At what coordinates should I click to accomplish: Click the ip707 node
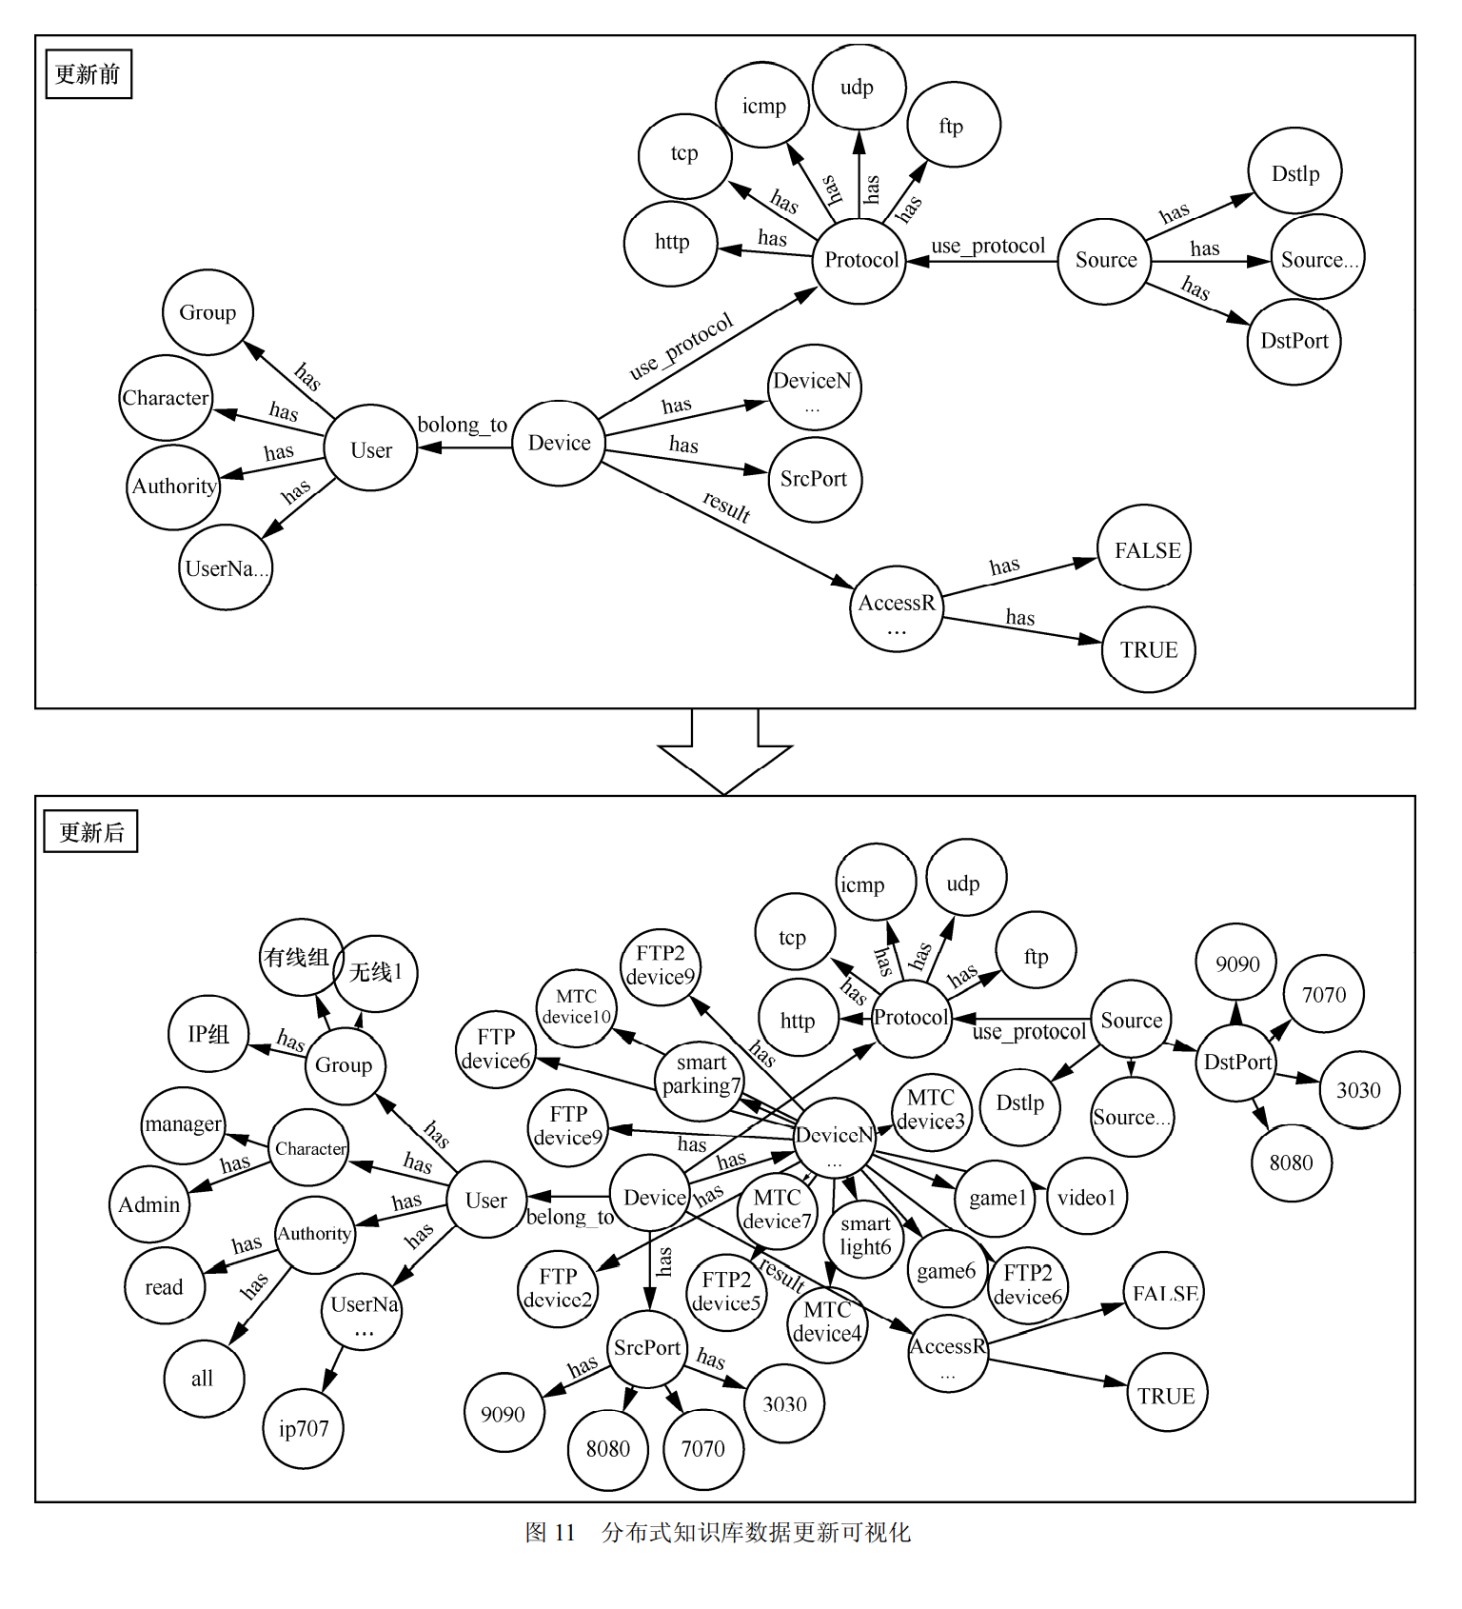(x=304, y=1428)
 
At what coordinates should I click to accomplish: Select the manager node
(x=183, y=1124)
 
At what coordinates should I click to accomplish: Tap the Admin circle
(x=149, y=1204)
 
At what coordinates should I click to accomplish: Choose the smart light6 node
(x=865, y=1235)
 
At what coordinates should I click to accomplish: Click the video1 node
(x=1086, y=1197)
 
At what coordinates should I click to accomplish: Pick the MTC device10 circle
(x=576, y=1007)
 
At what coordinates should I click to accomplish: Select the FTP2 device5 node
(x=726, y=1291)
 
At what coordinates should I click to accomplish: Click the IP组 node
(x=208, y=1034)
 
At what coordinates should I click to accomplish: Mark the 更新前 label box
(x=89, y=74)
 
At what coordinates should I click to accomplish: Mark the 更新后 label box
(x=91, y=831)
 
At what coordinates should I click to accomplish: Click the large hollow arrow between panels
(x=724, y=752)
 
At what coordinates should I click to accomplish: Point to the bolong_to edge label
(x=463, y=425)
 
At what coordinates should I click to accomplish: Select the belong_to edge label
(x=570, y=1217)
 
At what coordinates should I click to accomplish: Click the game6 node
(x=946, y=1270)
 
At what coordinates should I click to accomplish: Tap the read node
(x=165, y=1286)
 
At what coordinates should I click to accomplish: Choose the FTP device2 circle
(x=558, y=1288)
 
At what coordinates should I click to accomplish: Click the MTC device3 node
(x=931, y=1109)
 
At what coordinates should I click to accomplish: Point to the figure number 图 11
(x=550, y=1532)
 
